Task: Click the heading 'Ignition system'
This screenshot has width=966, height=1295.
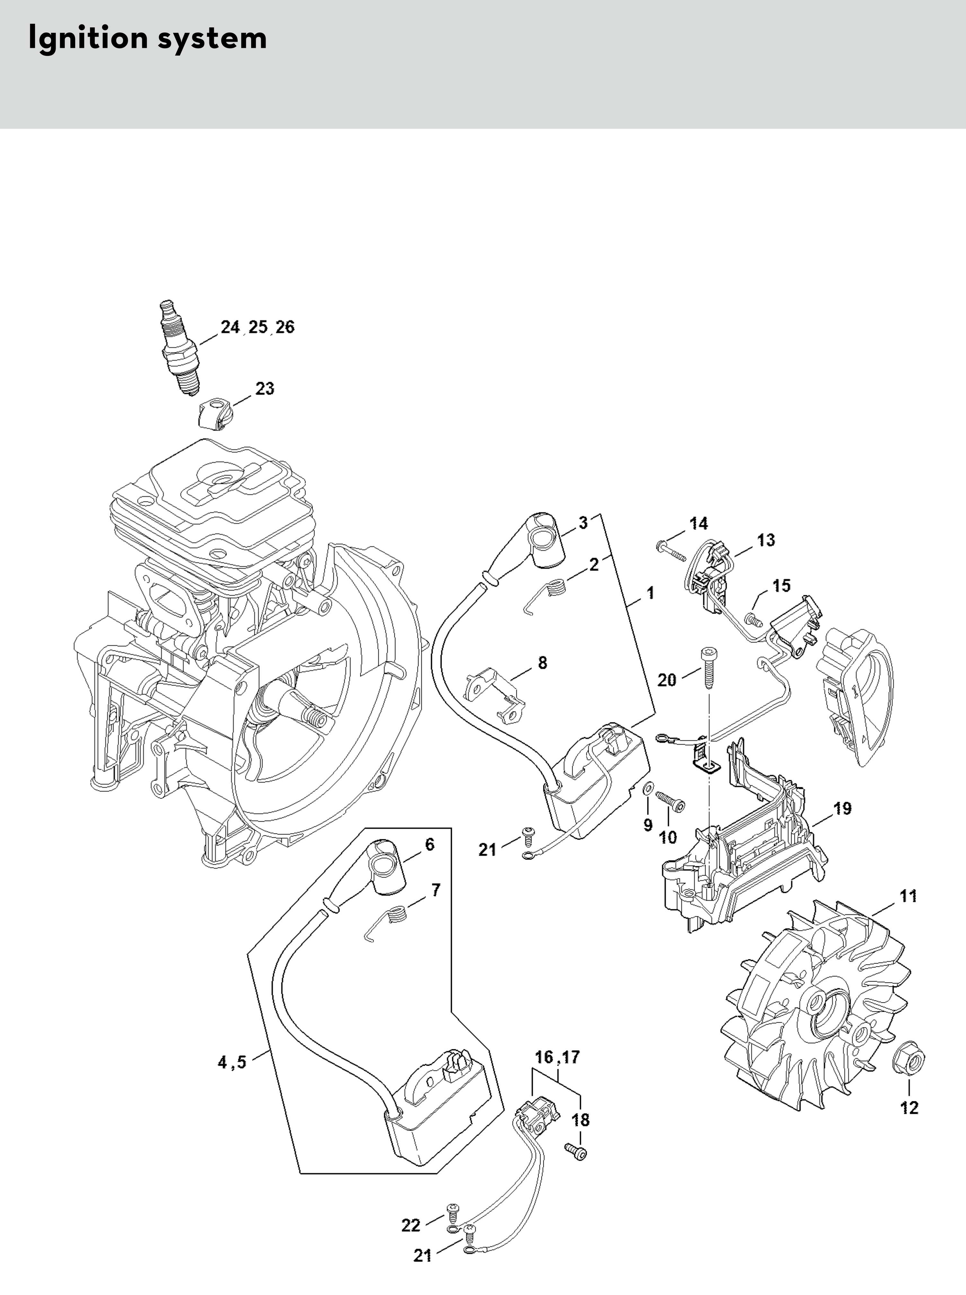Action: click(x=147, y=39)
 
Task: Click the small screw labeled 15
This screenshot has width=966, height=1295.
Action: click(x=752, y=616)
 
